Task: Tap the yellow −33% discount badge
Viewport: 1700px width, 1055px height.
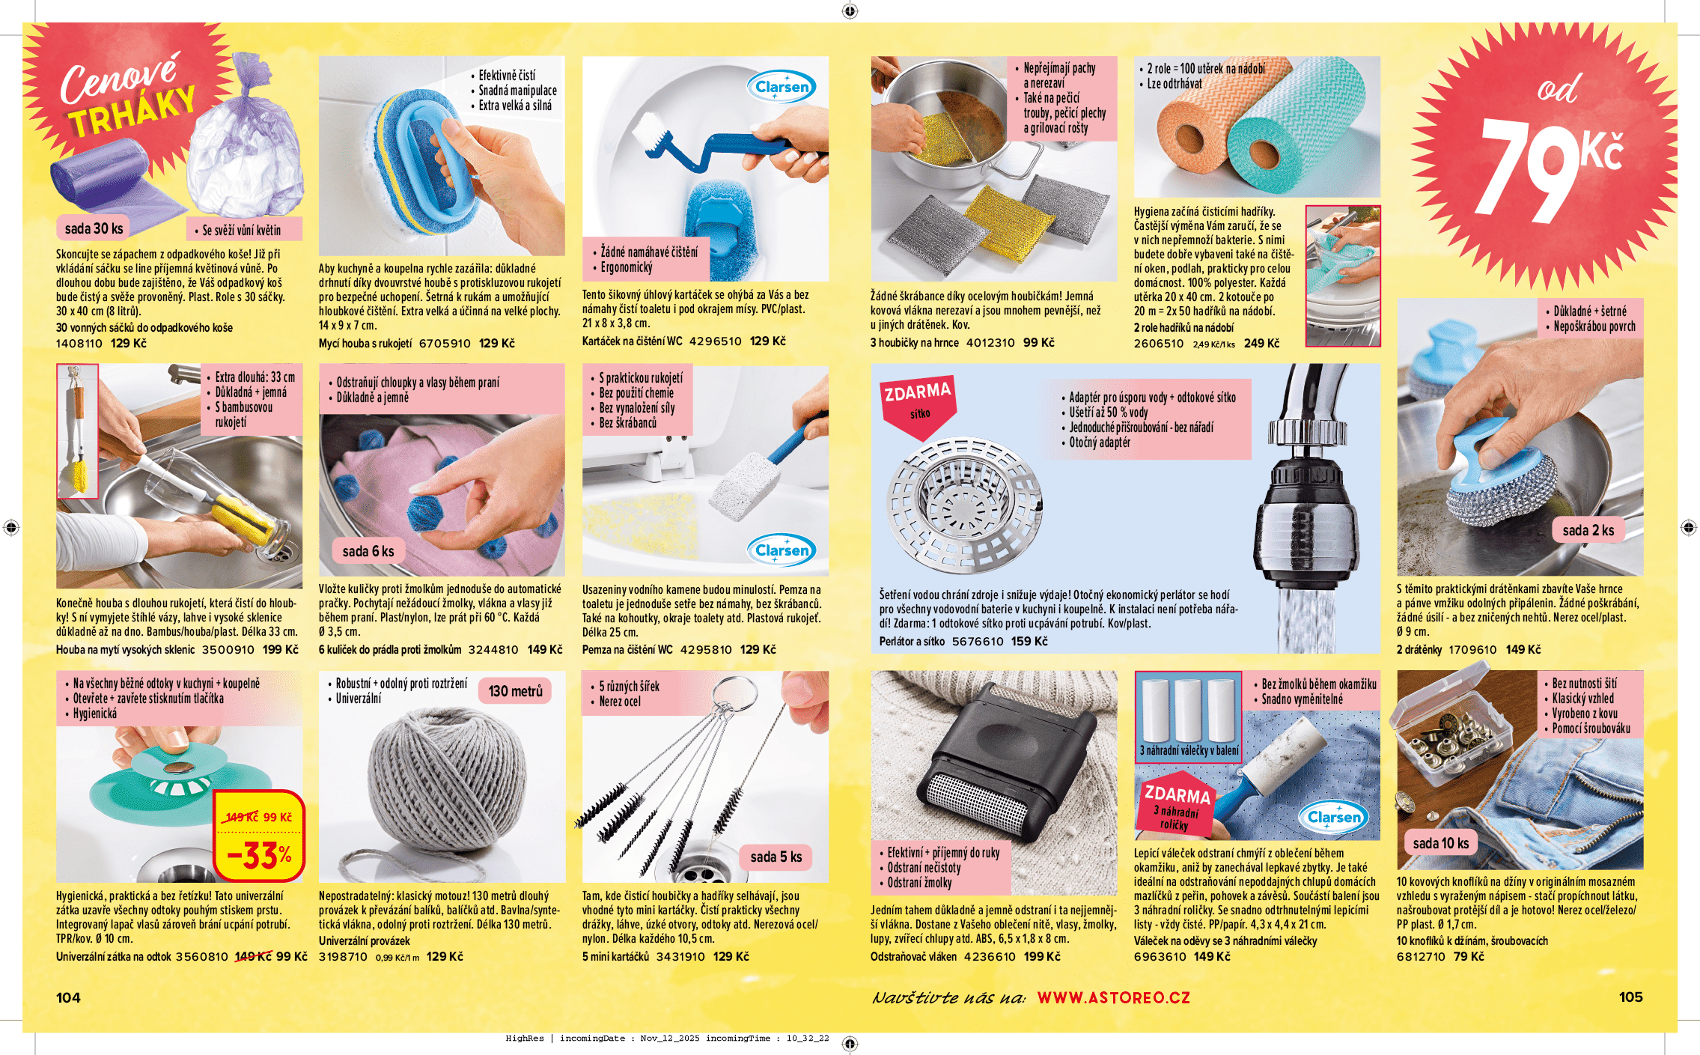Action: pyautogui.click(x=259, y=835)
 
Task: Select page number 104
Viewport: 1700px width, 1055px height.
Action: pyautogui.click(x=68, y=997)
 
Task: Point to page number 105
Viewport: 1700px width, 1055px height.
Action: pyautogui.click(x=1630, y=997)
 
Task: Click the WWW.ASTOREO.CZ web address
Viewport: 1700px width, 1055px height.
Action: pyautogui.click(x=1113, y=997)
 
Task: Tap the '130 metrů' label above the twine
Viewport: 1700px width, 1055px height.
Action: pyautogui.click(x=515, y=691)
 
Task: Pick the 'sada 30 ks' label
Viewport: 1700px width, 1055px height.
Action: pyautogui.click(x=94, y=228)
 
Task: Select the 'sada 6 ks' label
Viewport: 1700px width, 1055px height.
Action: pyautogui.click(x=368, y=551)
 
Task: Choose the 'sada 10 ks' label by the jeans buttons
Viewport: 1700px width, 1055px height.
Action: pyautogui.click(x=1440, y=843)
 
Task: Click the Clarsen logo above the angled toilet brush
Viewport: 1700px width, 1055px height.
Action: pyautogui.click(x=782, y=87)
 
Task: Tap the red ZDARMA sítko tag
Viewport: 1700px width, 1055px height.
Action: pyautogui.click(x=919, y=405)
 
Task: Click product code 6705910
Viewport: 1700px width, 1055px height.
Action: pyautogui.click(x=445, y=344)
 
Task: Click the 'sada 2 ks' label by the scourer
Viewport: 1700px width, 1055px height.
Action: pyautogui.click(x=1588, y=530)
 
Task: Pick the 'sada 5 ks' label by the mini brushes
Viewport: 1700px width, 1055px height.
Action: pyautogui.click(x=776, y=857)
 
